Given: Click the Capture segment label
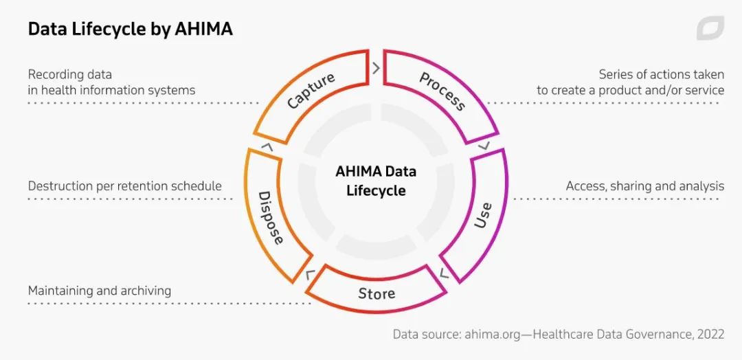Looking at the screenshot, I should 311,91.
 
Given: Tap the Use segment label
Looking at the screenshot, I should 484,215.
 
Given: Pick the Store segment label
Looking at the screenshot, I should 376,294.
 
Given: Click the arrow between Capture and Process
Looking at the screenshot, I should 376,68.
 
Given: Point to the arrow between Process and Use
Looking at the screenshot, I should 485,146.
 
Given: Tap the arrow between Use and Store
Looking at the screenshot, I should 443,273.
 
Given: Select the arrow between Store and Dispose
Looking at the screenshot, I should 311,275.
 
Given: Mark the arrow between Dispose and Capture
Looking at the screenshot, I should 267,146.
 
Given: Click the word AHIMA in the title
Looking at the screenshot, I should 204,29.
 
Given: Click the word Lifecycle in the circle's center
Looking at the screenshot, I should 376,190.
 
